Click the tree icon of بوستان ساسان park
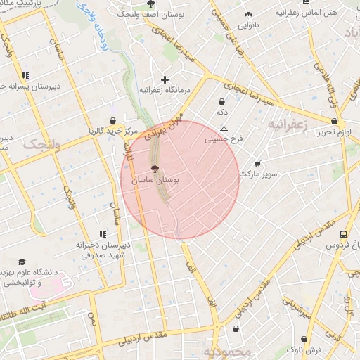tap(155, 169)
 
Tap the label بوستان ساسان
tap(155, 181)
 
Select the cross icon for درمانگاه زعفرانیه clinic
tap(165, 79)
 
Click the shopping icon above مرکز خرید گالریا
tap(112, 120)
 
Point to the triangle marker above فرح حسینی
tap(224, 129)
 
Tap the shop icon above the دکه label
tap(222, 101)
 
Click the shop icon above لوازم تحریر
tap(324, 121)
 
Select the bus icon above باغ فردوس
tap(342, 235)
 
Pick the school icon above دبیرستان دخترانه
tap(103, 234)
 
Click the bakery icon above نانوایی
tap(247, 15)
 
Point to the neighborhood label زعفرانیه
tap(288, 124)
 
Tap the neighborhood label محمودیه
tap(227, 351)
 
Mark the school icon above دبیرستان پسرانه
tap(25, 75)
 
